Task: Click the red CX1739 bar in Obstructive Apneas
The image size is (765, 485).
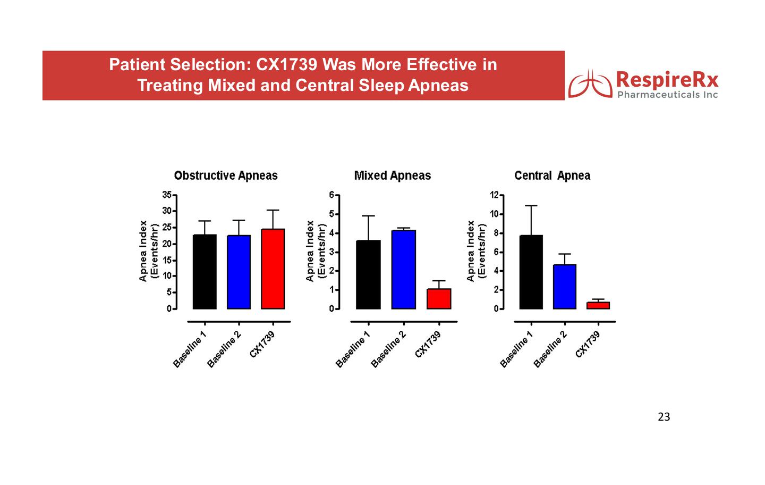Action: (273, 269)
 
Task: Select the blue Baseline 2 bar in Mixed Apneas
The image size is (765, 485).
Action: (403, 270)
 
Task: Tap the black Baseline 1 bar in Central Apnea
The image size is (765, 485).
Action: (531, 272)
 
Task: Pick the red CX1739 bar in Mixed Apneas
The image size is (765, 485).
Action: (439, 299)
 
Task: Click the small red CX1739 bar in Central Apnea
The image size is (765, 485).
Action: (598, 305)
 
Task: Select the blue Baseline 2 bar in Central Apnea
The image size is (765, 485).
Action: (565, 287)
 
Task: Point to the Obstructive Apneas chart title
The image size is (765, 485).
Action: (226, 175)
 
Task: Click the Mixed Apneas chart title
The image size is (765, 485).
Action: (393, 175)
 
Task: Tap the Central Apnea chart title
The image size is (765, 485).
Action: (552, 175)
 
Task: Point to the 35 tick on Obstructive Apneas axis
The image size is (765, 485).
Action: (167, 195)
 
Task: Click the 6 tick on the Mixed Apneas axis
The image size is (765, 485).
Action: (331, 195)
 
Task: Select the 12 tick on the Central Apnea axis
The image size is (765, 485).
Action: (494, 195)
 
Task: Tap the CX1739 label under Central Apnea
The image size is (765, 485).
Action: (588, 344)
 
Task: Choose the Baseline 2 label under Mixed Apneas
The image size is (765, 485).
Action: (388, 349)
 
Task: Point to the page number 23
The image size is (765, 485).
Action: (664, 417)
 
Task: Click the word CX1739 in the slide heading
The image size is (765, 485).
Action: (287, 65)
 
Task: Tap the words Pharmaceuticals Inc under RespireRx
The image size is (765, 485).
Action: (667, 95)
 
